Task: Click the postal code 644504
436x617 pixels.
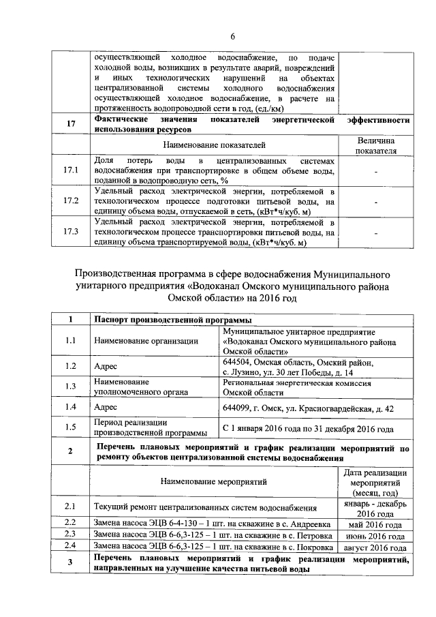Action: click(x=237, y=363)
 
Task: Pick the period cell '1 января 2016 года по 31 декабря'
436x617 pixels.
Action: click(x=308, y=429)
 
